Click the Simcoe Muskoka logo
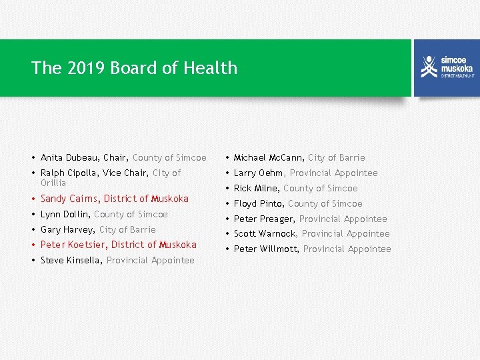tap(446, 67)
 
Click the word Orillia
tap(53, 183)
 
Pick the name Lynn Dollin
tap(65, 215)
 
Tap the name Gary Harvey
tap(67, 230)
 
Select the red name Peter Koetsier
tap(73, 245)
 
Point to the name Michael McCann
tap(269, 158)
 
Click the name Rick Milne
tap(256, 189)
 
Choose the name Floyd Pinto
tap(259, 204)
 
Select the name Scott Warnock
tap(265, 234)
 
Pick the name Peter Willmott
tap(266, 249)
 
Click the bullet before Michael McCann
tap(227, 158)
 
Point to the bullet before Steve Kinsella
tap(34, 261)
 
